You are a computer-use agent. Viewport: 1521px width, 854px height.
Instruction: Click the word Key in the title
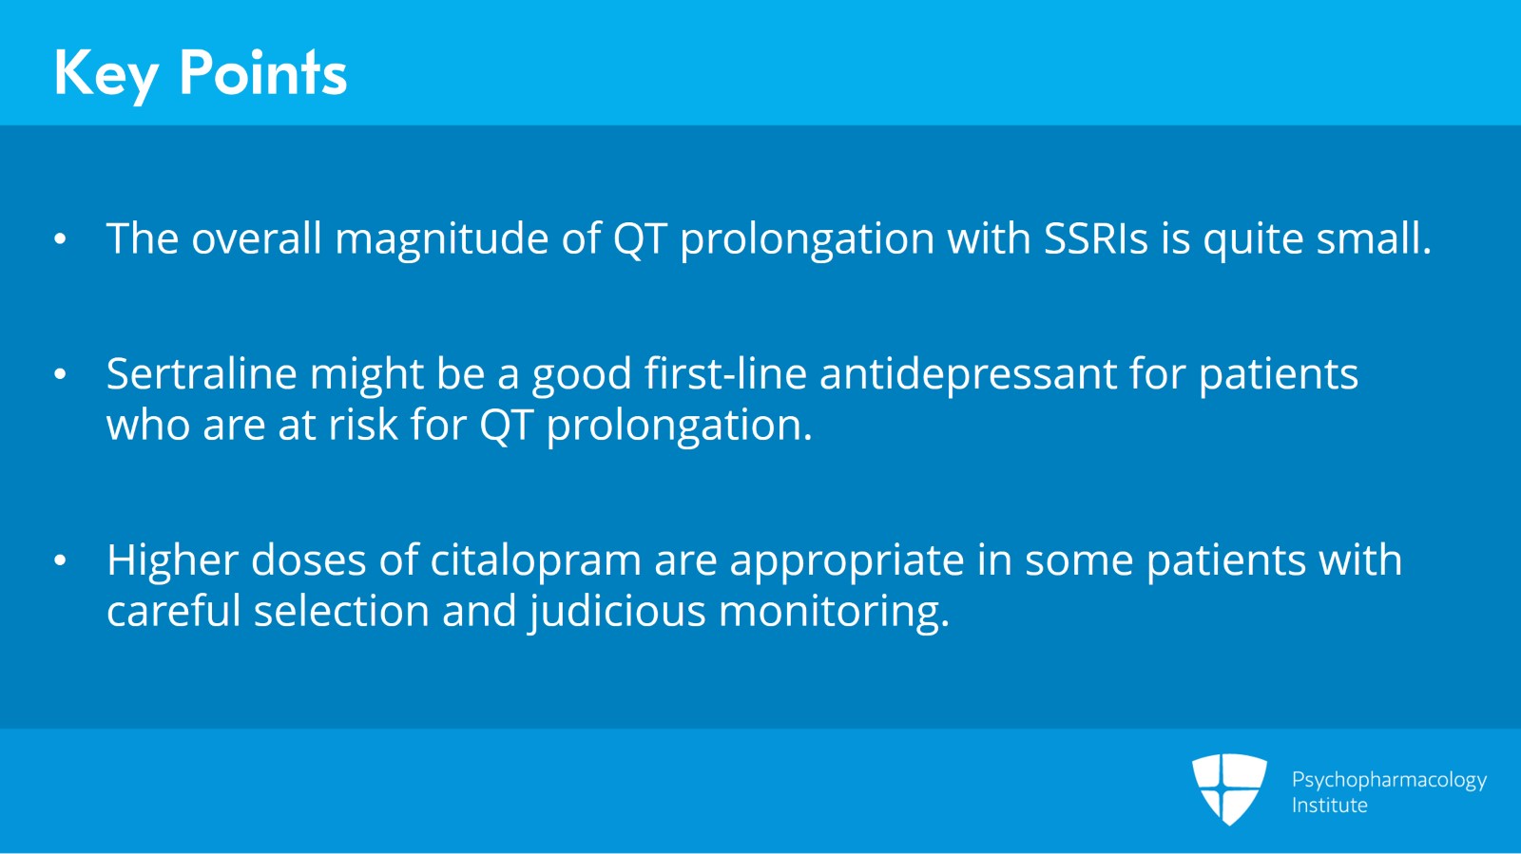pos(106,75)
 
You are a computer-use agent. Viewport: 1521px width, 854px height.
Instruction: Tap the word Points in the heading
pos(262,72)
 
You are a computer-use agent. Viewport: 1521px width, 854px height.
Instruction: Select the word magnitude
pos(441,239)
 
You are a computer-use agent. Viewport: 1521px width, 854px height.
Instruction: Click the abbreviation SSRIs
pos(1095,238)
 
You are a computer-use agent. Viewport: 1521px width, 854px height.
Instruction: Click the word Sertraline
pos(202,373)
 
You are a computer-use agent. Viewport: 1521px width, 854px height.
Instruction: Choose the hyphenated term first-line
pos(725,373)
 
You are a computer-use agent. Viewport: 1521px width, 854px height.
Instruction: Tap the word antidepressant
pos(969,375)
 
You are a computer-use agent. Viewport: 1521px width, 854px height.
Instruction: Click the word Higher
pos(172,561)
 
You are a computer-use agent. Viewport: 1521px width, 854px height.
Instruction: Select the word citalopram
pos(536,561)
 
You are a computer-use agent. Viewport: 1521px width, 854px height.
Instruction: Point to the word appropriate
pos(847,561)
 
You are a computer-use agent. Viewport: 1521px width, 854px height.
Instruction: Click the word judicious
pos(618,613)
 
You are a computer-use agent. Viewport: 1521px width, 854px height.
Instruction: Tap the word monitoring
pos(834,613)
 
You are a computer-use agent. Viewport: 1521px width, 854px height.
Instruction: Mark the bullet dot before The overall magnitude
pos(61,239)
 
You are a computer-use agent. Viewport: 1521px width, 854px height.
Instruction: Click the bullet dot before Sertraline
pos(61,374)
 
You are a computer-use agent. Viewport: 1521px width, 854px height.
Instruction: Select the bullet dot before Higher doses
pos(61,561)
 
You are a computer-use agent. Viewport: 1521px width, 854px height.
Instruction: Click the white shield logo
pos(1229,788)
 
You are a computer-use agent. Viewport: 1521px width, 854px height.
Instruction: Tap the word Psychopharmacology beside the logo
pos(1389,781)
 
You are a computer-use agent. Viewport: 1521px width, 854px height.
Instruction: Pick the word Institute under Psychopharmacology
pos(1330,806)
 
